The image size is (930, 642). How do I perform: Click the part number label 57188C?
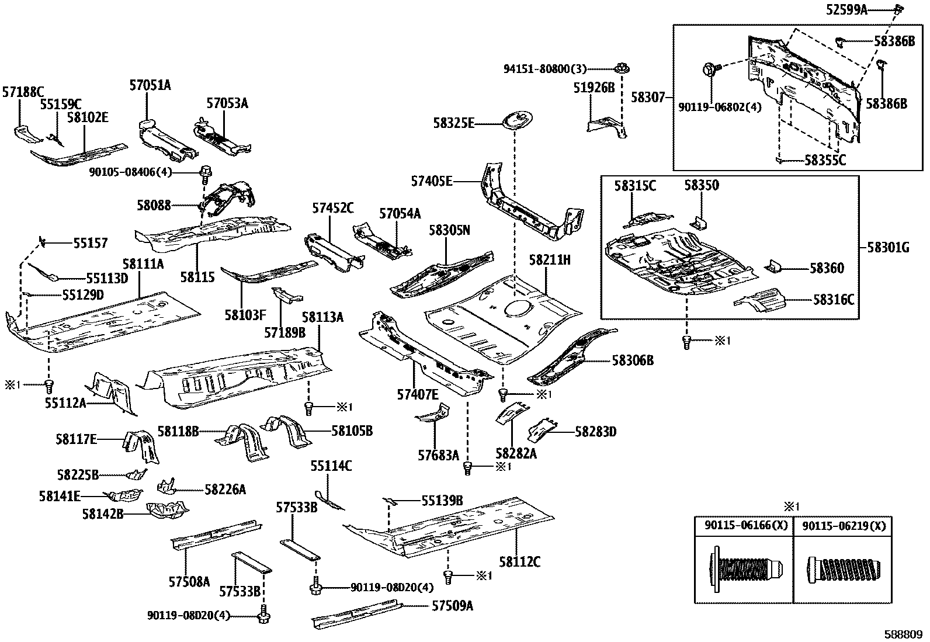pyautogui.click(x=23, y=92)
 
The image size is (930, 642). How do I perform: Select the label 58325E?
pyautogui.click(x=454, y=123)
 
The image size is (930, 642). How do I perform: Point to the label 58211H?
pyautogui.click(x=550, y=259)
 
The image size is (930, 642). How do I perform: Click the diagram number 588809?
pyautogui.click(x=903, y=634)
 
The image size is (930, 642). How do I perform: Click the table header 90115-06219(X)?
pyautogui.click(x=844, y=526)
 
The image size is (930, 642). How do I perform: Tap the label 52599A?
pyautogui.click(x=864, y=9)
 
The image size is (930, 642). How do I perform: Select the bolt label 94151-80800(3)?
pyautogui.click(x=545, y=68)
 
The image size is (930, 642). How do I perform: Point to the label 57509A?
pyautogui.click(x=452, y=606)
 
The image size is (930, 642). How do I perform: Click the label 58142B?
pyautogui.click(x=103, y=514)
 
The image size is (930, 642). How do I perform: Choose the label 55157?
pyautogui.click(x=90, y=243)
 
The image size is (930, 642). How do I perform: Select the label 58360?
pyautogui.click(x=827, y=268)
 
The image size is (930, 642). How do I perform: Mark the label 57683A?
pyautogui.click(x=438, y=455)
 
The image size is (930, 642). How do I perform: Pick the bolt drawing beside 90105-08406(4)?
pyautogui.click(x=206, y=172)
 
